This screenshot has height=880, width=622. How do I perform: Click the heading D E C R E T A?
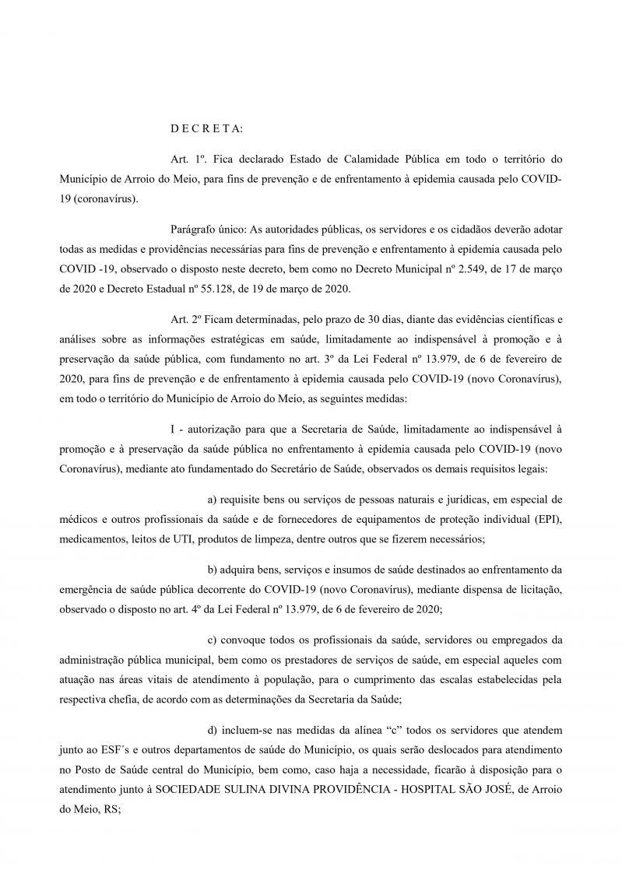206,127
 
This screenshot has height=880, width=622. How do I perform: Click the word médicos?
77,517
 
